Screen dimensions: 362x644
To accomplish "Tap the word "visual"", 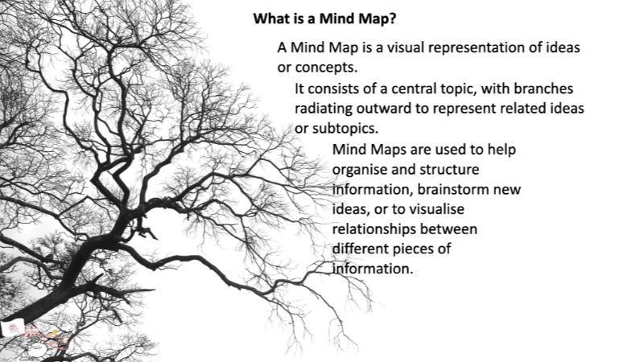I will pos(407,47).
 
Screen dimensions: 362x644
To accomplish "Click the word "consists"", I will pos(337,88).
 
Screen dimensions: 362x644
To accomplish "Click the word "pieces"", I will pos(423,249).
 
